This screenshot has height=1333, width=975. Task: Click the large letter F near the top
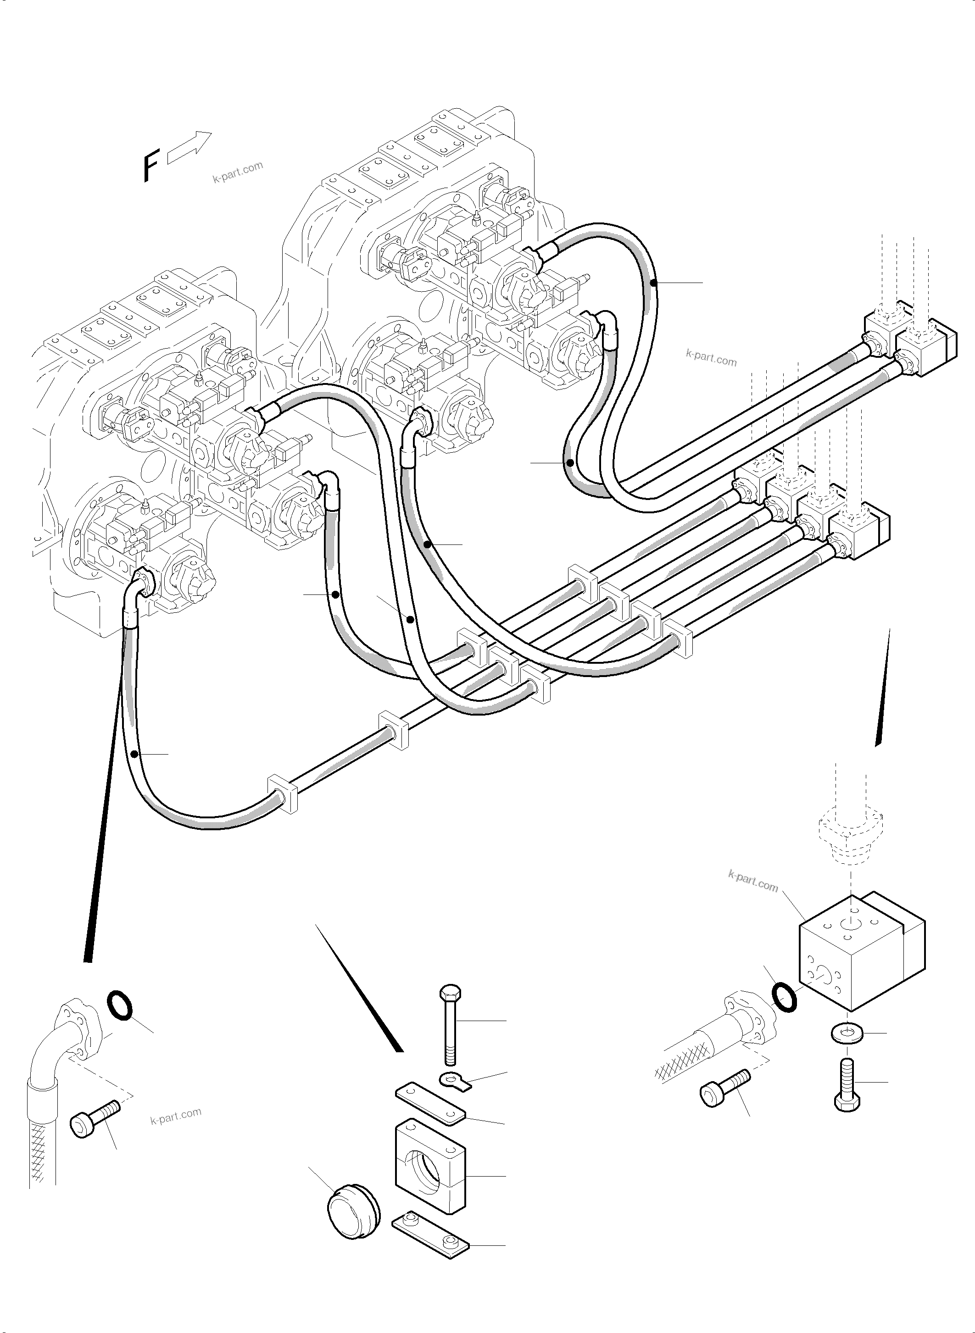(151, 167)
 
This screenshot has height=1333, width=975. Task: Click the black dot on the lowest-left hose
(135, 754)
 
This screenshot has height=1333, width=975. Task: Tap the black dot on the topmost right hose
(653, 283)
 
